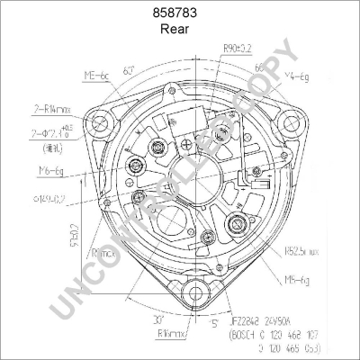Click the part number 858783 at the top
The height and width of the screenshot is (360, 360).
pyautogui.click(x=179, y=12)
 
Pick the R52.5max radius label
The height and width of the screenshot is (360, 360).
pyautogui.click(x=304, y=252)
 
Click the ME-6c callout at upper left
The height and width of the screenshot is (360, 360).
pyautogui.click(x=96, y=77)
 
